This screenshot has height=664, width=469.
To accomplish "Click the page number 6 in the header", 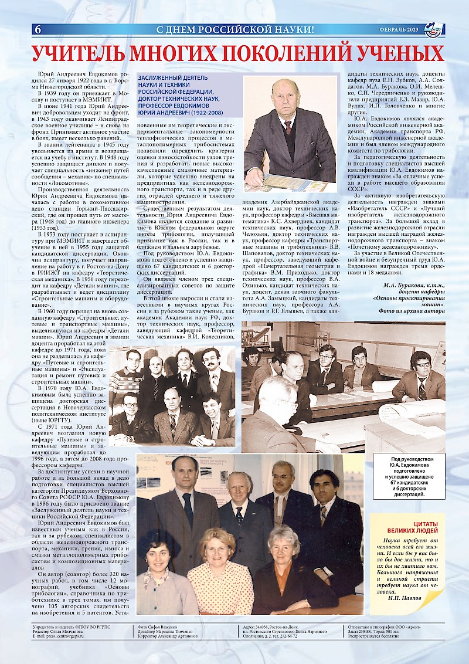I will click(x=38, y=29).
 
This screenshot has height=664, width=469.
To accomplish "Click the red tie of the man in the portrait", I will click(x=288, y=127).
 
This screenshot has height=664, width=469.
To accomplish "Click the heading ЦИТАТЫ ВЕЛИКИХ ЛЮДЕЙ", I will click(x=406, y=527).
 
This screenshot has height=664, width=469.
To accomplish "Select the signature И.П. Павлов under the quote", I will click(x=403, y=598).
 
